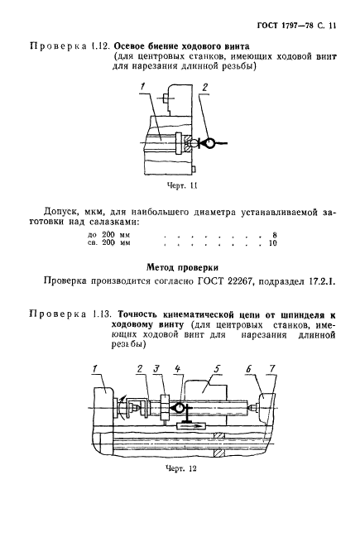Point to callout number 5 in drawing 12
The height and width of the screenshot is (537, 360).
pyautogui.click(x=217, y=367)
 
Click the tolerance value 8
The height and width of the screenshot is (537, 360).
pyautogui.click(x=273, y=236)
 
